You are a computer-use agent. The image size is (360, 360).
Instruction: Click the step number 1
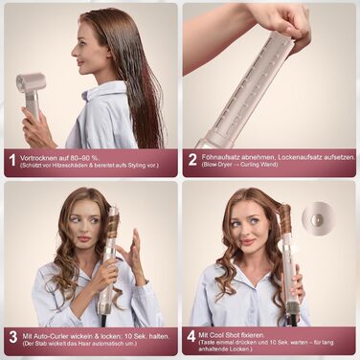coord(11,160)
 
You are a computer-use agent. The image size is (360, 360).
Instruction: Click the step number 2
coord(192,160)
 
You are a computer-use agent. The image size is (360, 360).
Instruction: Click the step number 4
coord(192,338)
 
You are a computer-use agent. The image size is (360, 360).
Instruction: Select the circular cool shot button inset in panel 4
coord(319,220)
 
